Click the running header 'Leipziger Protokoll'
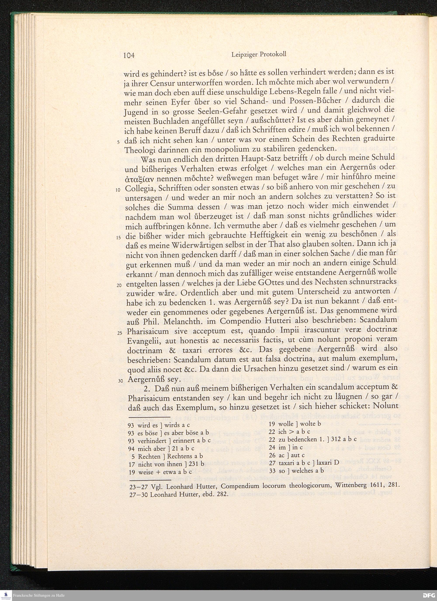click(x=259, y=54)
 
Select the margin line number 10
click(x=119, y=190)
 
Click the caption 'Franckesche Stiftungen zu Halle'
click(x=39, y=596)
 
